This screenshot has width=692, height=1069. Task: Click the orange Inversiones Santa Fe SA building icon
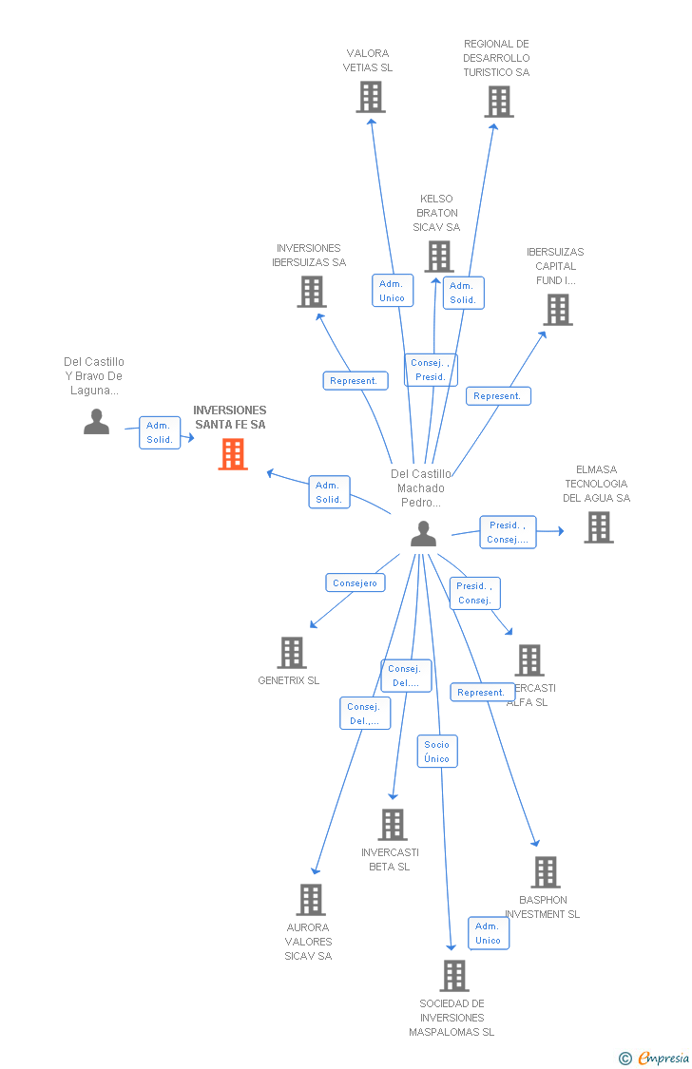click(233, 454)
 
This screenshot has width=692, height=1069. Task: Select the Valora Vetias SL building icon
click(371, 97)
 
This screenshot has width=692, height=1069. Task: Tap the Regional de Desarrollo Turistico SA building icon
click(499, 102)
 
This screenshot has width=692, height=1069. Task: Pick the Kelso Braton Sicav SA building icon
click(438, 257)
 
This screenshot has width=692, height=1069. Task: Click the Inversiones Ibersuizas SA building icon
click(312, 292)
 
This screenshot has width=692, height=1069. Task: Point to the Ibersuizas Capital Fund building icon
click(558, 310)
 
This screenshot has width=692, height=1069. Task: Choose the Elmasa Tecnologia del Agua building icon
click(598, 527)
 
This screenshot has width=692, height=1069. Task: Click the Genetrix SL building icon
click(292, 653)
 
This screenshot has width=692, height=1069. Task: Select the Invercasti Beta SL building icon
click(392, 825)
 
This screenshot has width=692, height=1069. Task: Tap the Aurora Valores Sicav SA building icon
click(311, 900)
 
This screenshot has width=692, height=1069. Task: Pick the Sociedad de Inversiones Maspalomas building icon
click(454, 976)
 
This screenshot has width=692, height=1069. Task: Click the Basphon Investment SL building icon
click(546, 872)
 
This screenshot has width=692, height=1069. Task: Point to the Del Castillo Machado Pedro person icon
click(423, 535)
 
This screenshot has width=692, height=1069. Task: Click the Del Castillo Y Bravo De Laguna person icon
click(96, 421)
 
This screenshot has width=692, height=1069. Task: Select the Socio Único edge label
click(437, 752)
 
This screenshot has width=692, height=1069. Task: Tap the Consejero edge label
click(355, 583)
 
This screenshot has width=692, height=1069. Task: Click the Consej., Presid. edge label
click(431, 370)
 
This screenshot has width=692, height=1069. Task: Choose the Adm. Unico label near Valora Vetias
click(392, 291)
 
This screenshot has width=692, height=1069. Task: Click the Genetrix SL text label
click(289, 680)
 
